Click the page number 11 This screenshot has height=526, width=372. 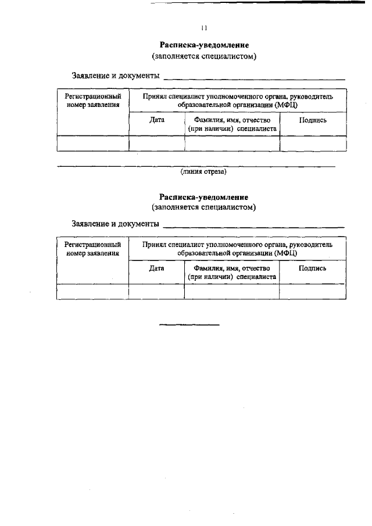(204, 27)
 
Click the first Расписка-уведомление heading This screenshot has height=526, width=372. (204, 45)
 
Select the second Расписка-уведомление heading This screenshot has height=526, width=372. (204, 196)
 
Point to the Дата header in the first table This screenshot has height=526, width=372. (156, 120)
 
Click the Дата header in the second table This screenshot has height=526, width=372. (156, 268)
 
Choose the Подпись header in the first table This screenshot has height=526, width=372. (313, 120)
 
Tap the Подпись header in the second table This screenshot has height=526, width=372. (312, 268)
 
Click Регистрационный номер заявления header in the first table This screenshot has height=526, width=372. (92, 101)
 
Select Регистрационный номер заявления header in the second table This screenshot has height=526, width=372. (92, 249)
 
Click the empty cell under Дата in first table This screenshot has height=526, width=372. (156, 143)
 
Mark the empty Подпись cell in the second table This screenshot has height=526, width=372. (312, 291)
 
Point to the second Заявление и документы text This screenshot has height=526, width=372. (115, 224)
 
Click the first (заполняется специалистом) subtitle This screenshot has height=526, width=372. (204, 56)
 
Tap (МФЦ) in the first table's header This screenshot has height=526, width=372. (286, 105)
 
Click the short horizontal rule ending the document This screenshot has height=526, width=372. (189, 324)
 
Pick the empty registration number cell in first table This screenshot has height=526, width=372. (92, 143)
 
